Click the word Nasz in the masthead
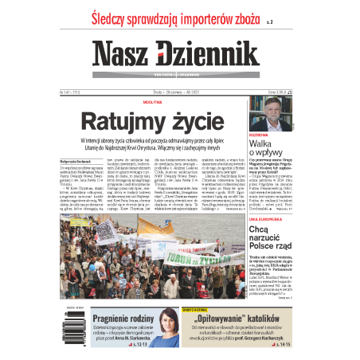pos(126,54)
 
